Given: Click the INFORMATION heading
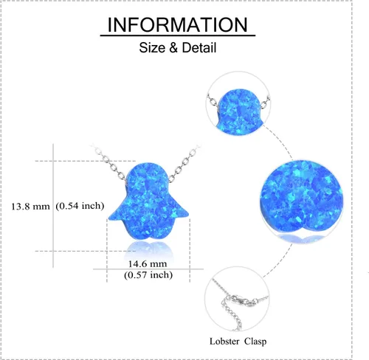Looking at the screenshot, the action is (x=177, y=24).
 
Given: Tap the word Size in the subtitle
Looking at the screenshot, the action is (x=152, y=47).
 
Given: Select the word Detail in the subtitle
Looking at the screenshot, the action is (x=199, y=47).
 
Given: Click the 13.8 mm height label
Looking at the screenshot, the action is (x=30, y=207).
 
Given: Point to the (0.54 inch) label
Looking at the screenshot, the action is (x=80, y=206).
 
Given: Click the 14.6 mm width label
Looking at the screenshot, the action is (x=148, y=264).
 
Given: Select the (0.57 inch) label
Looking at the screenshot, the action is (x=148, y=274).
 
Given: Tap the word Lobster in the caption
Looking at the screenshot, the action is (x=224, y=342).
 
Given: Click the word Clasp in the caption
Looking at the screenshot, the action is (x=255, y=342).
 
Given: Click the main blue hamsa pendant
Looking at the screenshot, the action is (x=148, y=201).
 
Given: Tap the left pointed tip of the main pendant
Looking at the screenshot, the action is (x=109, y=218).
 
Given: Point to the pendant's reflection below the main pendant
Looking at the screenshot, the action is (x=148, y=249).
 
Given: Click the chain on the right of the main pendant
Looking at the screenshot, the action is (x=184, y=163).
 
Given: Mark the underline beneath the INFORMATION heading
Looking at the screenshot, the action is (x=178, y=36).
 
